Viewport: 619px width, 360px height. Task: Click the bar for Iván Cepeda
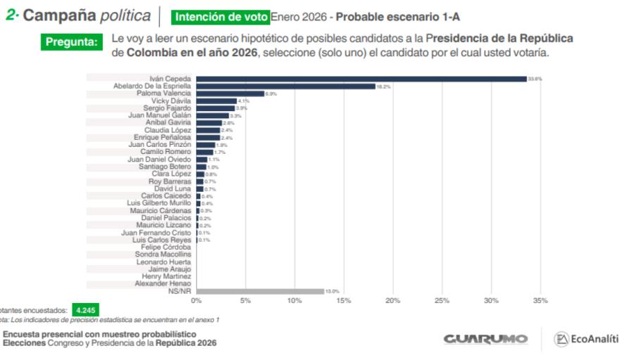(361, 79)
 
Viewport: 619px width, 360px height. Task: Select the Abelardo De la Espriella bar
(286, 86)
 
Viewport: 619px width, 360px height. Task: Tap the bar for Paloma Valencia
(230, 94)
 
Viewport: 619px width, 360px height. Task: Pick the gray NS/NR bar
(260, 291)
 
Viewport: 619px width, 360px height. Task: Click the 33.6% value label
(537, 79)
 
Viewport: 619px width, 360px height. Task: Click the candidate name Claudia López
(167, 130)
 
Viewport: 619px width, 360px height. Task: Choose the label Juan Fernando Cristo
(155, 232)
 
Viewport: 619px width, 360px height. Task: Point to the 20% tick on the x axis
(393, 300)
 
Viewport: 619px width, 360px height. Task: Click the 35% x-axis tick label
(540, 300)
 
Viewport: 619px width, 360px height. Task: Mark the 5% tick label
(245, 300)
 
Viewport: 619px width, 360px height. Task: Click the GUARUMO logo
(485, 340)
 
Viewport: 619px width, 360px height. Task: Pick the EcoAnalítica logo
(586, 340)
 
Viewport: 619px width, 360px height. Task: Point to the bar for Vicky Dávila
(216, 101)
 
